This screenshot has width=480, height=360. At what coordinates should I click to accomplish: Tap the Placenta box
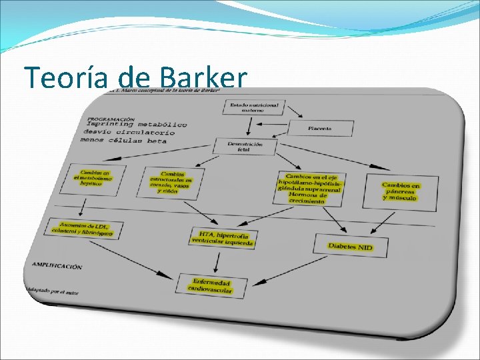[x=319, y=128]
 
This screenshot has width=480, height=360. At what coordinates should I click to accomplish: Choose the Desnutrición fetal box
[x=245, y=147]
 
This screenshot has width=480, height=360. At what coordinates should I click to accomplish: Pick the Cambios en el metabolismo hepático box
[x=93, y=178]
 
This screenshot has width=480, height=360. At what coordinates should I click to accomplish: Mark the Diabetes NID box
[x=350, y=247]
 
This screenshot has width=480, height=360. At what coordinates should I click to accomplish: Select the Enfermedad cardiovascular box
[x=211, y=285]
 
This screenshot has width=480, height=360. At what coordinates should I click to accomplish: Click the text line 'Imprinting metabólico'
[x=136, y=124]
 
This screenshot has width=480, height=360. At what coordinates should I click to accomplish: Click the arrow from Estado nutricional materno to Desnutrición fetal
[x=249, y=126]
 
